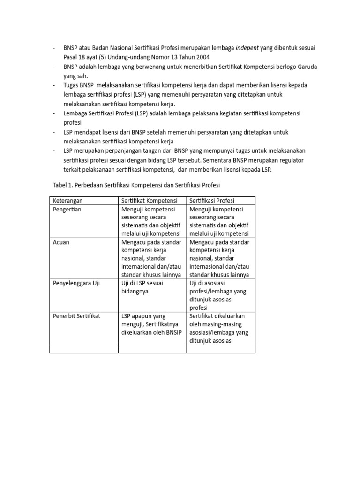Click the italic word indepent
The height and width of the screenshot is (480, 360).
pos(249,48)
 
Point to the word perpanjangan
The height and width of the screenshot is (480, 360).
pos(124,151)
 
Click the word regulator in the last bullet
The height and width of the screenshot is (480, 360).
pos(289,160)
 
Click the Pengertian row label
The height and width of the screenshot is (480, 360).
pos(67,209)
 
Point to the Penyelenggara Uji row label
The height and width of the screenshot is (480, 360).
pos(76,283)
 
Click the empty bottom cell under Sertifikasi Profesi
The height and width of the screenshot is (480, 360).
pos(221,349)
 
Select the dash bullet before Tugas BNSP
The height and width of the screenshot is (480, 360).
pos(54,85)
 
